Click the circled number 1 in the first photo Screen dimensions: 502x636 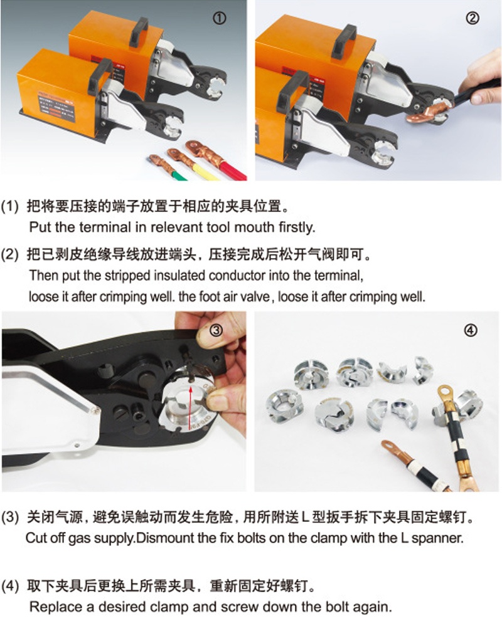tap(220, 18)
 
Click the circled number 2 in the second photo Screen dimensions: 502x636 tap(473, 18)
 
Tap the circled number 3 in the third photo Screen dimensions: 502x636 tap(216, 331)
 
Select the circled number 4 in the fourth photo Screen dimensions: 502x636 tap(470, 331)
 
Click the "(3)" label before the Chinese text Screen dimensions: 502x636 tap(10, 517)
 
